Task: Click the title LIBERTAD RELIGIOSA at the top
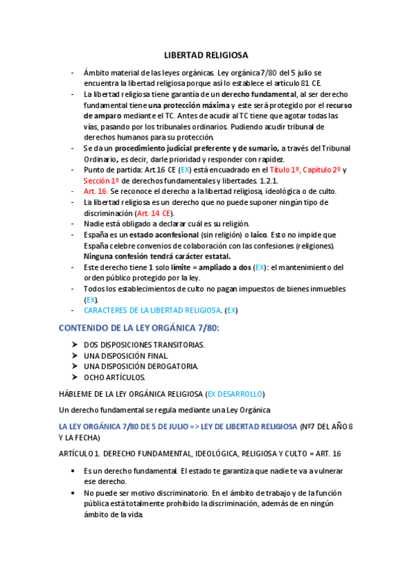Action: tap(206, 55)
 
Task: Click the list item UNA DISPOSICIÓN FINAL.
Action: tap(125, 355)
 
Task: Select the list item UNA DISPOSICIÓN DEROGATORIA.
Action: tap(140, 366)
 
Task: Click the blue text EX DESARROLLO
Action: tap(235, 394)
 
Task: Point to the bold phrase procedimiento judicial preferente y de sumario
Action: tap(196, 148)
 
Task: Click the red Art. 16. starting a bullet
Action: tap(96, 191)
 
